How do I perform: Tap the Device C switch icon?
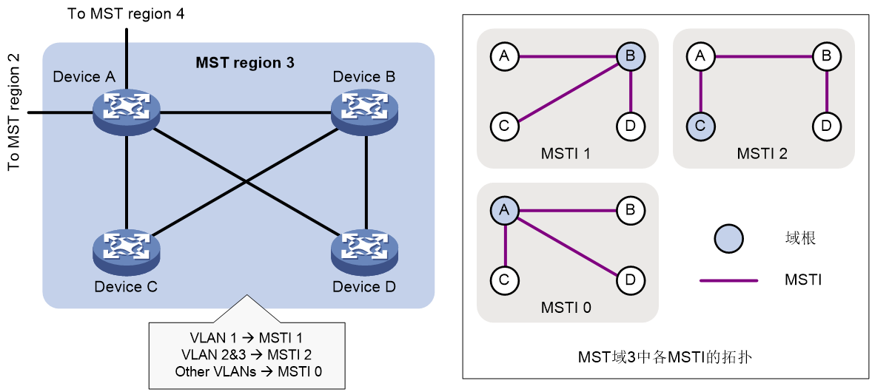(127, 252)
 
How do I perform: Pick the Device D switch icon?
(366, 252)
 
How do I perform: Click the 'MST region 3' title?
(245, 63)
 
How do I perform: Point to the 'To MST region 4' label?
(126, 13)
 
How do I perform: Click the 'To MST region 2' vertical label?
(14, 112)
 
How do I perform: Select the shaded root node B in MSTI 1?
(631, 55)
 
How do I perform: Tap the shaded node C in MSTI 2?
(701, 126)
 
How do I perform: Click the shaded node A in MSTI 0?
(504, 211)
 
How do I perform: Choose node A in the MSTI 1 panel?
(504, 55)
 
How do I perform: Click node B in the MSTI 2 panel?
(826, 55)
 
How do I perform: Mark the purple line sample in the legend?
(728, 281)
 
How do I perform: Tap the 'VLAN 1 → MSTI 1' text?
(246, 337)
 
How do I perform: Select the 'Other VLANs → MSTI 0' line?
(248, 371)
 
